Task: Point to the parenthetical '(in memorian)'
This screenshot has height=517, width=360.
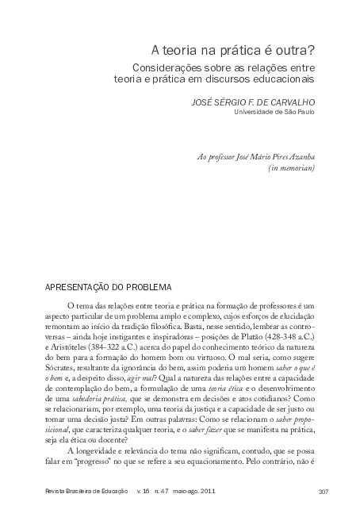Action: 293,168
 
